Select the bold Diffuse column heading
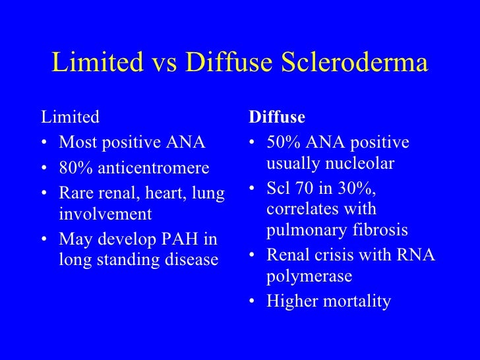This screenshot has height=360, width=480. pos(276,117)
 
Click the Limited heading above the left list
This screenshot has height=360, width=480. pos(71,117)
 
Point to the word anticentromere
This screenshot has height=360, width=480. pos(153,169)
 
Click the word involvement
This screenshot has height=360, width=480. pos(105,214)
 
